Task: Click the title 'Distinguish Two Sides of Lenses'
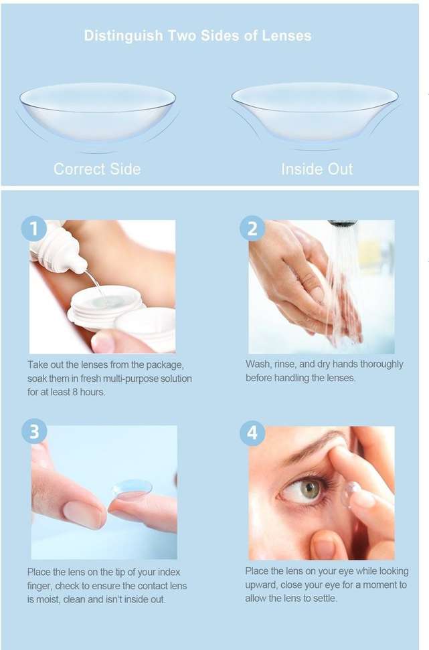coord(198,35)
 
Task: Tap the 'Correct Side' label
coord(97,169)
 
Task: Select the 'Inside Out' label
coord(317,169)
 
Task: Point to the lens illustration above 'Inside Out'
coord(315,112)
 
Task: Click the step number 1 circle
coord(33,228)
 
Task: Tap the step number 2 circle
coord(252,228)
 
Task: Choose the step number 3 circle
coord(34,432)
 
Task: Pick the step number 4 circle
coord(252,433)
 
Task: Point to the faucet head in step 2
coord(343,223)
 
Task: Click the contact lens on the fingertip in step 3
coord(132,488)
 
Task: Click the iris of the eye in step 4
coord(310,490)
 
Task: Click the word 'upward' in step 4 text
coord(260,585)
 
